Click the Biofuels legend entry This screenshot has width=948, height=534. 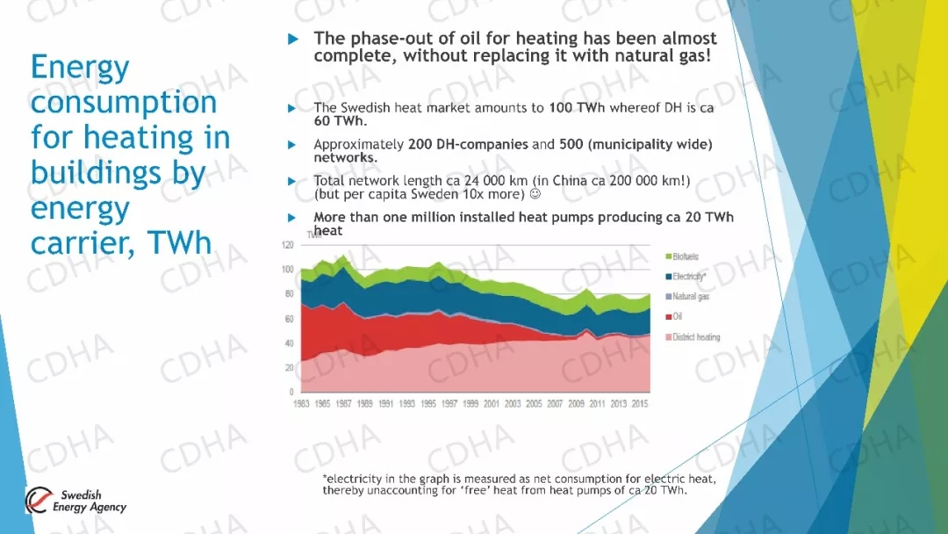point(685,256)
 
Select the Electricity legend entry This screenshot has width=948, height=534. point(689,277)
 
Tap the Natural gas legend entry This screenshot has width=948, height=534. point(690,297)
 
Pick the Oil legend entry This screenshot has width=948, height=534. point(677,317)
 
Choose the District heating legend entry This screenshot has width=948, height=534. point(694,337)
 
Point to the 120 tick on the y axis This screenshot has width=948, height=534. point(287,244)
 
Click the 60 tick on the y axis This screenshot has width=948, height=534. point(289,319)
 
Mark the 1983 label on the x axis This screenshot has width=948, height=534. point(301,404)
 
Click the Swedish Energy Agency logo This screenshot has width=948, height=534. point(76,501)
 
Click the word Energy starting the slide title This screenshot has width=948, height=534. point(80,68)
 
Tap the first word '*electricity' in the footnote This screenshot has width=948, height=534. point(352,479)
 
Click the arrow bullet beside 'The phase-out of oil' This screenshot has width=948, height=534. point(294,40)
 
